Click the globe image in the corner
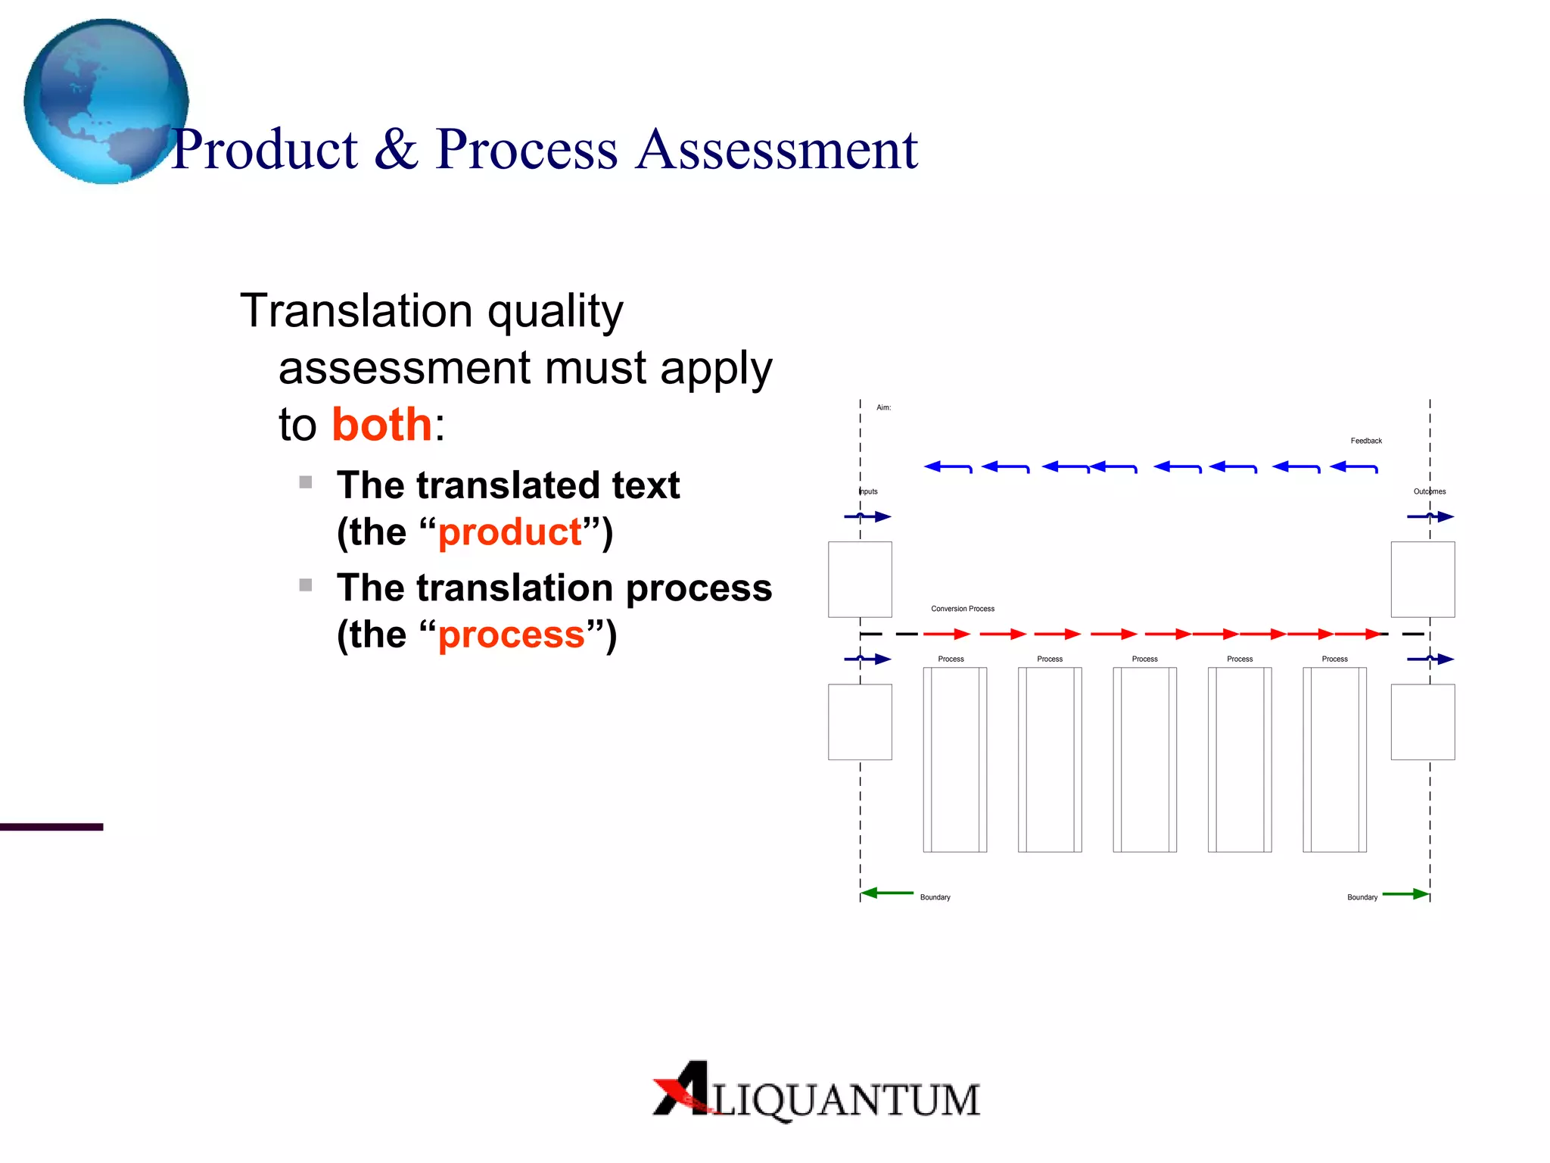[x=106, y=101]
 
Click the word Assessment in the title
[x=777, y=149]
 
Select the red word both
[x=382, y=424]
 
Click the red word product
[x=510, y=532]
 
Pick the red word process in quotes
[x=512, y=635]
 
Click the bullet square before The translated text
[x=306, y=482]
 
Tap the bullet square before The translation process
[x=306, y=585]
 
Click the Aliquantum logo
[x=816, y=1092]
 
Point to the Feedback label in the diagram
[x=1366, y=441]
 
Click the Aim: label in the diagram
[x=883, y=407]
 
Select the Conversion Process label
[x=963, y=609]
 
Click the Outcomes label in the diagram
[x=1430, y=491]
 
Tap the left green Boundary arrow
[x=887, y=893]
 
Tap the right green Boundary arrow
[x=1405, y=894]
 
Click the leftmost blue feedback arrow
[x=948, y=467]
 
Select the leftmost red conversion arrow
[x=946, y=634]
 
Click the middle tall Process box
[x=1144, y=759]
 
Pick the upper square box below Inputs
[x=860, y=579]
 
